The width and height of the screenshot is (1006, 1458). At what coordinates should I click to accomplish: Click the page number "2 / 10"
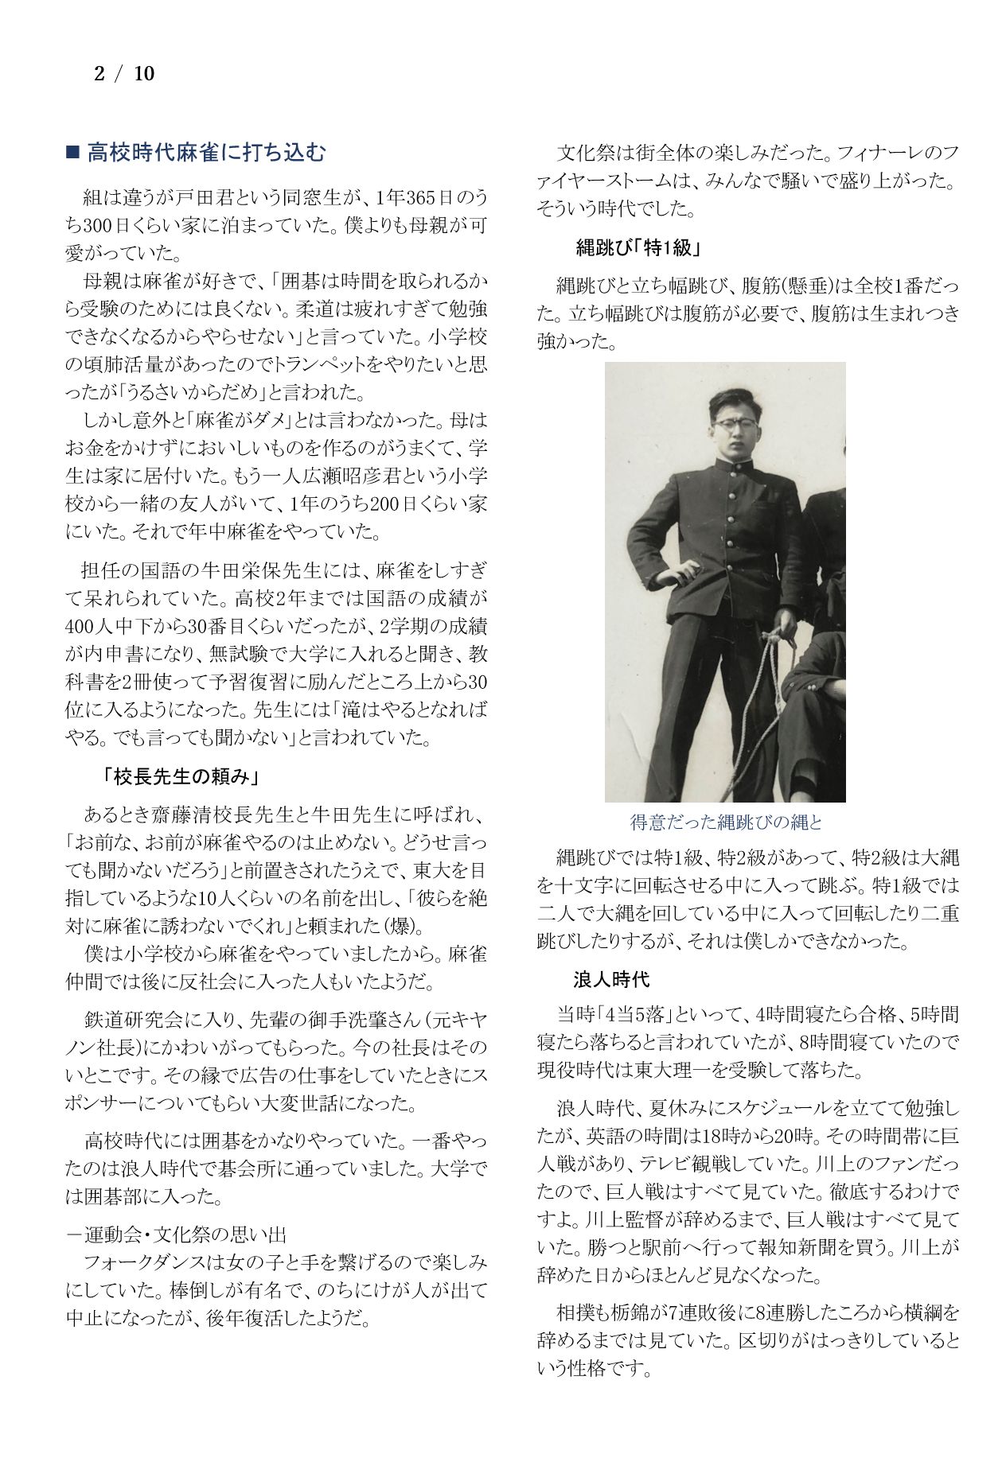click(124, 74)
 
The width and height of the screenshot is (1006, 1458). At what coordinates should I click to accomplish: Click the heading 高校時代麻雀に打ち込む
click(206, 153)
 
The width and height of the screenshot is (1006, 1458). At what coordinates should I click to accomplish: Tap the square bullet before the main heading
click(72, 153)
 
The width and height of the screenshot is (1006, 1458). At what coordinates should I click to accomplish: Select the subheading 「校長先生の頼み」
click(182, 776)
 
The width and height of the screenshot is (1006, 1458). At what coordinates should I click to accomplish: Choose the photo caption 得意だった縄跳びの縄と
click(725, 822)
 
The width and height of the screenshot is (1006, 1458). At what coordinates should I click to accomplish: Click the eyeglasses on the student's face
click(733, 425)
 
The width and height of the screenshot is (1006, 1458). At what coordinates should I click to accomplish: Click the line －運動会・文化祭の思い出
click(176, 1234)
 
